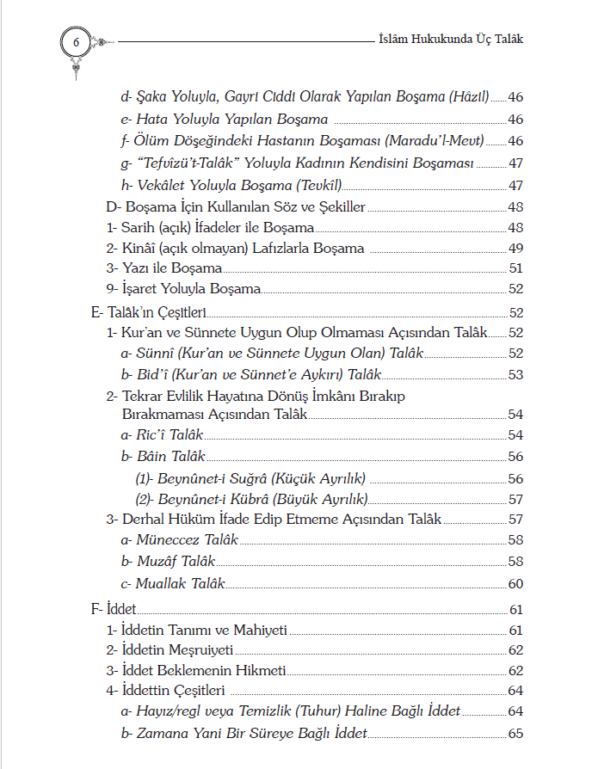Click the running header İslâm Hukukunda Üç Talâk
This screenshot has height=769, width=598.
click(451, 39)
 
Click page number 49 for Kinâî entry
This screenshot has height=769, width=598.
click(515, 249)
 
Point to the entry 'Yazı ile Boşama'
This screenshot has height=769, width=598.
click(162, 269)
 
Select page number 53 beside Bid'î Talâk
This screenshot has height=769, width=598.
click(515, 375)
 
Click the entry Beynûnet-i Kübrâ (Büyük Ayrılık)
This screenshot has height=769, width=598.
click(252, 499)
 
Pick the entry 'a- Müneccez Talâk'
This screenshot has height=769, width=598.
click(179, 541)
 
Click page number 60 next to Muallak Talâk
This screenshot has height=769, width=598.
click(515, 583)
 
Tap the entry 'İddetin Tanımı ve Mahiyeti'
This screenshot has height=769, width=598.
click(197, 631)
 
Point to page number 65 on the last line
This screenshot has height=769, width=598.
click(515, 734)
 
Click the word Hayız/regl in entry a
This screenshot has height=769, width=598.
click(166, 712)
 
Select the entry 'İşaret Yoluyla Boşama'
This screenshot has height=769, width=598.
click(183, 290)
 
